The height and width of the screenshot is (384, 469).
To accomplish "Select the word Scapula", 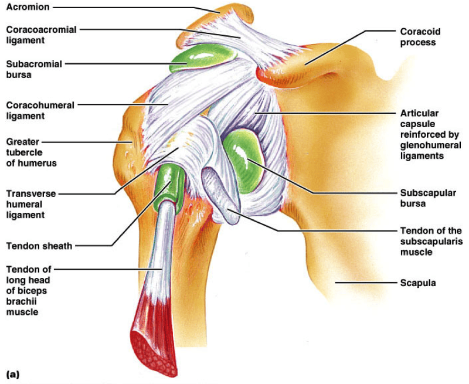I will pos(418,283).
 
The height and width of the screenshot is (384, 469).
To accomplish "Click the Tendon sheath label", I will pos(39,246).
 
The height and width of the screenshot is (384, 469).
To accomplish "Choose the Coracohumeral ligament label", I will pos(40,110).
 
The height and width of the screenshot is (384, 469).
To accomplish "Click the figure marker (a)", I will pos(13,373).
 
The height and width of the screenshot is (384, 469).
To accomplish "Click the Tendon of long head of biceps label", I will pos(29,291).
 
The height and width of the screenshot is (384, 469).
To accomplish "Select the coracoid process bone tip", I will pos(276,73).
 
